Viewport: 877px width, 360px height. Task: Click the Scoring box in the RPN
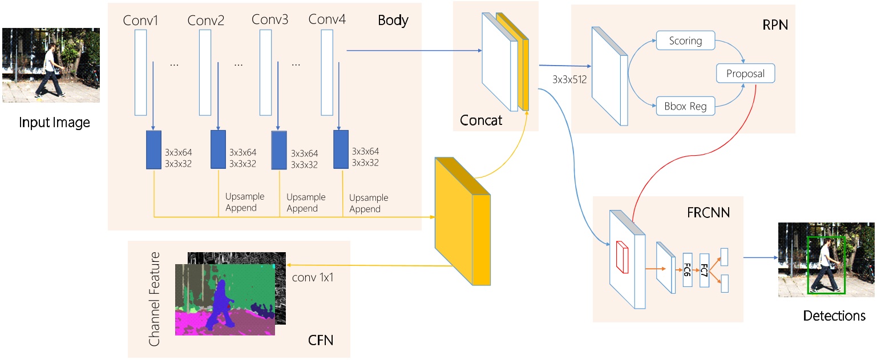pos(686,41)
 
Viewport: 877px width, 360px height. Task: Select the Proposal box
pos(745,74)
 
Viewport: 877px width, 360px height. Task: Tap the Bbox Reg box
pos(685,106)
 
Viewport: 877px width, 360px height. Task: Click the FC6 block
pos(687,269)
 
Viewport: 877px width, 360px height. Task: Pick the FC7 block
pos(704,270)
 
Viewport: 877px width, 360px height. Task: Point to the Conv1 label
pos(140,21)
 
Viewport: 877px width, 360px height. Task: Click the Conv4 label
pos(327,19)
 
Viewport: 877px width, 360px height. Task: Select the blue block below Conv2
pos(219,149)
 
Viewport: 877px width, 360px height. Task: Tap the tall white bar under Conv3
pos(265,72)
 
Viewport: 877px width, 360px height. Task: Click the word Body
pos(393,21)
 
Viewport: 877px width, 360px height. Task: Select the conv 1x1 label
pos(312,278)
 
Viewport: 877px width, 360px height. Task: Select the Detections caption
pos(834,316)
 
